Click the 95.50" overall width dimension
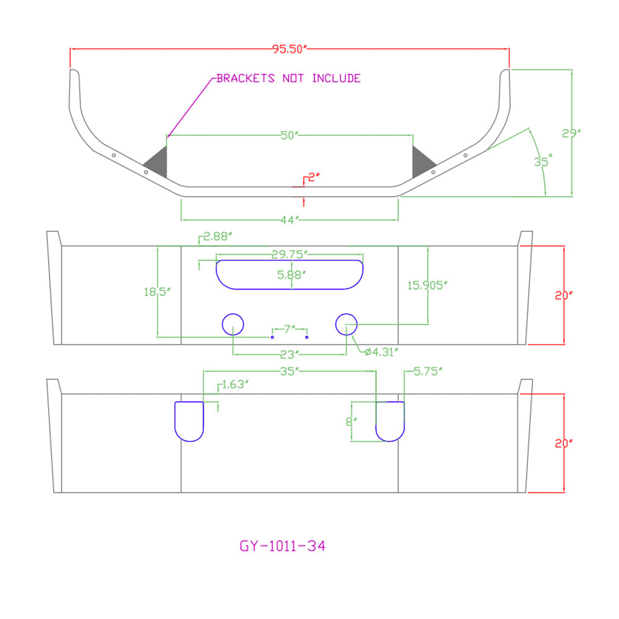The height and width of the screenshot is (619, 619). tap(289, 49)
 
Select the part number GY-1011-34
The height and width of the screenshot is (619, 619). tap(283, 546)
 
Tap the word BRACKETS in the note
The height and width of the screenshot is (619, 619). tap(245, 78)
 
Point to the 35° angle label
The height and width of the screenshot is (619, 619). tap(543, 161)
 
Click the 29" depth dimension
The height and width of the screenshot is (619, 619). tap(571, 134)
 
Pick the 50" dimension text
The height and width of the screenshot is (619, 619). tap(289, 136)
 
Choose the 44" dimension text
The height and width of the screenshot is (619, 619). tap(289, 220)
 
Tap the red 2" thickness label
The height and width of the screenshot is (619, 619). tap(313, 177)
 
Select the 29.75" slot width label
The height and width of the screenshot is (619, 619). tap(289, 254)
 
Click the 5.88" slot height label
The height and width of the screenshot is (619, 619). tap(292, 275)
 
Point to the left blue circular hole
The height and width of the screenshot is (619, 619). tap(233, 314)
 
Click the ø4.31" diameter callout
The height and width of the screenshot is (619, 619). tap(381, 352)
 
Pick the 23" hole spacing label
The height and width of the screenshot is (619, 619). tap(289, 355)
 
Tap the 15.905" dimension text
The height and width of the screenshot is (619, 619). tap(427, 285)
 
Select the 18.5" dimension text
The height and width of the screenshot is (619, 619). tap(157, 292)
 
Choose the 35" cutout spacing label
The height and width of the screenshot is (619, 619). tap(289, 371)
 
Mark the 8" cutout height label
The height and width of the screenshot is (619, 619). tap(352, 422)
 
